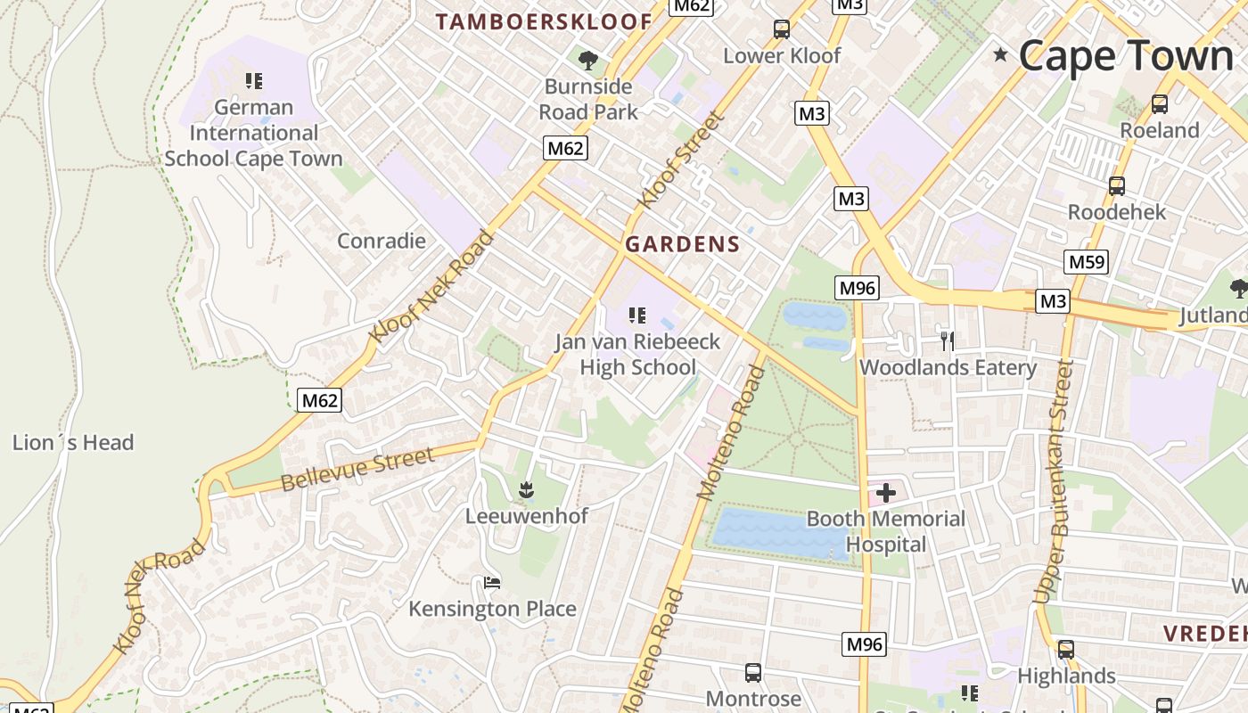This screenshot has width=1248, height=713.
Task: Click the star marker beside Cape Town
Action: pos(1000,55)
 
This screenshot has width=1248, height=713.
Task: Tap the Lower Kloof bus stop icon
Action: pos(782,29)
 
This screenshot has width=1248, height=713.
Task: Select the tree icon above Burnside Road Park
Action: pos(587,61)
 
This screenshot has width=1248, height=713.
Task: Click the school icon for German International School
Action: pos(254,81)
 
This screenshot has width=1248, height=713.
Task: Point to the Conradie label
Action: pos(382,241)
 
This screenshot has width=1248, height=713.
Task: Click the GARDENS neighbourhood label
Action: pos(683,244)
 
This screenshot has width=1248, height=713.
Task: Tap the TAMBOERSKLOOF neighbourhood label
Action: pos(544,22)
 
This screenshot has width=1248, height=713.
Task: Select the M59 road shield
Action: pos(1086,262)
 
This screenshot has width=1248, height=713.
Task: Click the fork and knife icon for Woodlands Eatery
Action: pos(948,340)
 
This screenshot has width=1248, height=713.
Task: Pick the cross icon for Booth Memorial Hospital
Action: pos(886,493)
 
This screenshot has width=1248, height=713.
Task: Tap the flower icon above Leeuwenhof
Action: pos(527,489)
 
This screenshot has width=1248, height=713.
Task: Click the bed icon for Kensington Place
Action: pos(492,583)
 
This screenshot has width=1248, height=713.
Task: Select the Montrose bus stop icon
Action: pos(753,672)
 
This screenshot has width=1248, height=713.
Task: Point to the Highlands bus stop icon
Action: pos(1066,650)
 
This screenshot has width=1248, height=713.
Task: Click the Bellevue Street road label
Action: pos(358,470)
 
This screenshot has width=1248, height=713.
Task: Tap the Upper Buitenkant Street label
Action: pos(1053,481)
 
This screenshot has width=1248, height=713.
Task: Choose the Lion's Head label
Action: pos(73,443)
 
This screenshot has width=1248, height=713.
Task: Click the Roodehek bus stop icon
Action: pos(1116,186)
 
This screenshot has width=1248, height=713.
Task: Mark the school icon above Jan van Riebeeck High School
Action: pos(636,315)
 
